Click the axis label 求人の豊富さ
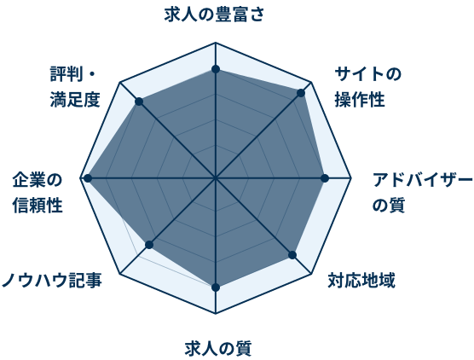pyautogui.click(x=214, y=15)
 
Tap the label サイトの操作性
pyautogui.click(x=367, y=87)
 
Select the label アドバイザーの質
pyautogui.click(x=422, y=193)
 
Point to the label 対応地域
pyautogui.click(x=361, y=281)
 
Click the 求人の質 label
pyautogui.click(x=218, y=349)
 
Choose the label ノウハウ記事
pyautogui.click(x=52, y=280)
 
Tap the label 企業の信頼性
pyautogui.click(x=38, y=193)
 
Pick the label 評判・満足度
pyautogui.click(x=75, y=87)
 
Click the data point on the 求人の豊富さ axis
pyautogui.click(x=216, y=69)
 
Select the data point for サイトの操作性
pyautogui.click(x=301, y=93)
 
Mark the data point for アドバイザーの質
pyautogui.click(x=326, y=178)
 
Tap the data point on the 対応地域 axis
pyautogui.click(x=292, y=255)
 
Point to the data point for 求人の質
pyautogui.click(x=216, y=287)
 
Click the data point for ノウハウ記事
pyautogui.click(x=150, y=245)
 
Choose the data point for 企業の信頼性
pyautogui.click(x=88, y=178)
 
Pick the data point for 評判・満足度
pyautogui.click(x=139, y=102)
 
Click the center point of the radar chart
pyautogui.click(x=216, y=178)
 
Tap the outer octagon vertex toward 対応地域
pyautogui.click(x=311, y=275)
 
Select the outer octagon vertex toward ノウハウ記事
pyautogui.click(x=120, y=275)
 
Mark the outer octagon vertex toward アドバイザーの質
pyautogui.click(x=351, y=178)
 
